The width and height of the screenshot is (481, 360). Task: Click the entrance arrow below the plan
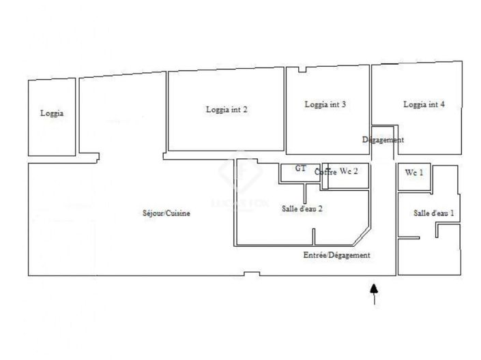click(373, 294)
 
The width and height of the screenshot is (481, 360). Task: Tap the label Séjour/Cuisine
click(166, 213)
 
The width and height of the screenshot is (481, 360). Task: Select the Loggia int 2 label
click(226, 109)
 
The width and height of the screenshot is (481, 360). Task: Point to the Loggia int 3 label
click(325, 104)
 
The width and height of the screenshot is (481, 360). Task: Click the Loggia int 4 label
click(424, 104)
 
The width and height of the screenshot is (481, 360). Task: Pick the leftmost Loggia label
click(52, 113)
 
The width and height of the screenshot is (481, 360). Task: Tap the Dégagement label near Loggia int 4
click(383, 140)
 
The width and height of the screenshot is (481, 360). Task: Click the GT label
click(300, 168)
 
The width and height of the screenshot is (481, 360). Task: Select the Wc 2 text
click(349, 171)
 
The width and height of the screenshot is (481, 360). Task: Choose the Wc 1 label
click(414, 172)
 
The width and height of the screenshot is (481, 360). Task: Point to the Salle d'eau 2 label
click(302, 209)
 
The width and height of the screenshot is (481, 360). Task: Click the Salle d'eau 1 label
click(434, 213)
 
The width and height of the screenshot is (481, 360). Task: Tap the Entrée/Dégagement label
click(336, 255)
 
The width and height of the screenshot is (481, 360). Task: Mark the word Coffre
click(325, 172)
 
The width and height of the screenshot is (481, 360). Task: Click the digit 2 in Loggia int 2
click(245, 109)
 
